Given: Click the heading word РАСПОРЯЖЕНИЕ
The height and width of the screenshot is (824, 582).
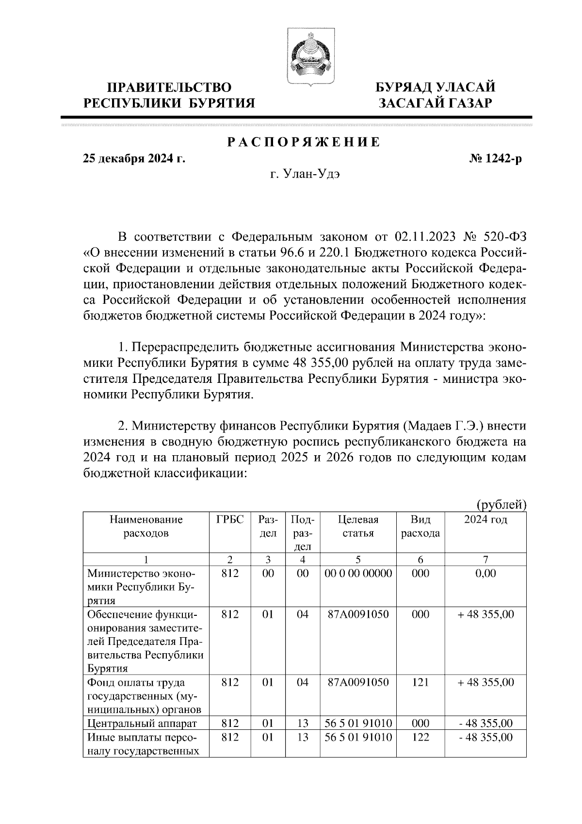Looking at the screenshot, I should pos(304,142).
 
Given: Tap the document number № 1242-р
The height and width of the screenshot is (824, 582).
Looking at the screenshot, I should pos(492,159).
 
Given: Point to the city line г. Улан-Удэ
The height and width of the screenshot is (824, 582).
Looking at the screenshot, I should pos(305,174).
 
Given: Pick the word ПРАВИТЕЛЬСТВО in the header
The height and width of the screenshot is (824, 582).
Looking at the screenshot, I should pos(169,87).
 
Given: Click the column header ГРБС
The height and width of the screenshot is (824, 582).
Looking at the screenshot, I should pos(229,519).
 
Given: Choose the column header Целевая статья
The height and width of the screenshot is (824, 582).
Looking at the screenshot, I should pos(358,526).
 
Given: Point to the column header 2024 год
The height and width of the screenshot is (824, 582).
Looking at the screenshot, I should pos(485,519).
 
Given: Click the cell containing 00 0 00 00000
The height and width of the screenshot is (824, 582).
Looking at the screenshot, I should pos(358,573).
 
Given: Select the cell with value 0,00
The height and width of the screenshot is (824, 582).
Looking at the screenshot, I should pos(485,573).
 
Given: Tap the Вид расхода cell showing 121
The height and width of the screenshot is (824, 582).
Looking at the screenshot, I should pos(420,682).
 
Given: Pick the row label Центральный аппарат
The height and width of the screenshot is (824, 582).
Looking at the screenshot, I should pos(142,724).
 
